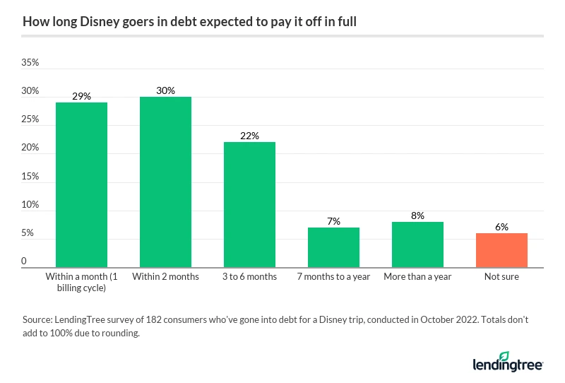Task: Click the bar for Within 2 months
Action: [x=165, y=182]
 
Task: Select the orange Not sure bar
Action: [x=501, y=250]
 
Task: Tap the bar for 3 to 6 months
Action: [x=249, y=205]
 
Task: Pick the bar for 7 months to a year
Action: [x=333, y=247]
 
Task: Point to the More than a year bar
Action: [x=417, y=244]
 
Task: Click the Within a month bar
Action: [x=81, y=185]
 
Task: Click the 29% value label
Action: [x=81, y=96]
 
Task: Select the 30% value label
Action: [x=165, y=90]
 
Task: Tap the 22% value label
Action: [x=249, y=136]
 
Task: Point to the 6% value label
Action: [x=501, y=227]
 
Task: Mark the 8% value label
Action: [x=417, y=216]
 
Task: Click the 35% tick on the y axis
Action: [x=30, y=63]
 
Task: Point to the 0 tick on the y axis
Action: [x=25, y=261]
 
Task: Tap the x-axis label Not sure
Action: [x=501, y=276]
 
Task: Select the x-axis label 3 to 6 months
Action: [x=249, y=276]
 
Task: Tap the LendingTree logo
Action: [x=507, y=362]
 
